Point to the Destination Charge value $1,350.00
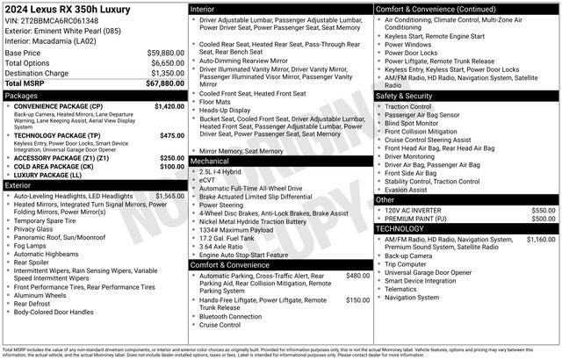(x=162, y=73)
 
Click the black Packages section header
(x=95, y=95)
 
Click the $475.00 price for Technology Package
(x=172, y=136)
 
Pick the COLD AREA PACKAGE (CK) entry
(x=61, y=166)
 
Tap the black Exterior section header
(x=95, y=185)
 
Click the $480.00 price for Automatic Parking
(x=357, y=275)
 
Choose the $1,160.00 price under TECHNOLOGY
(x=540, y=239)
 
